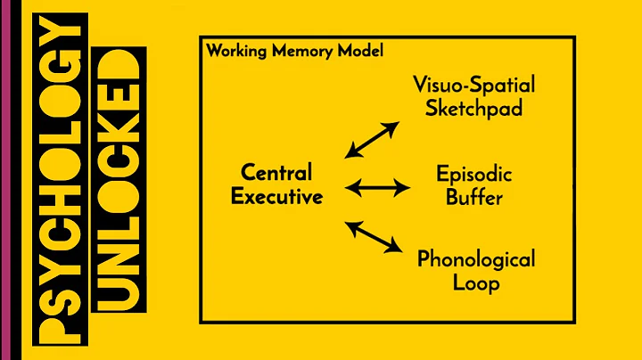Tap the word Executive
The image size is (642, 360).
coord(276,196)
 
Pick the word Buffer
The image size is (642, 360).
coord(473,196)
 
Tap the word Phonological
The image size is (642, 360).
coord(476,260)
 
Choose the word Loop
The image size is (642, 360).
coord(476,284)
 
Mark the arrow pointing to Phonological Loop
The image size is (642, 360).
coord(374,235)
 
